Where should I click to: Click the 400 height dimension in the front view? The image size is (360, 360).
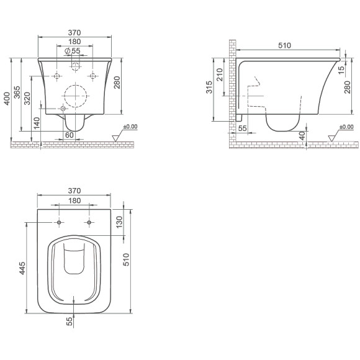[x=7, y=99]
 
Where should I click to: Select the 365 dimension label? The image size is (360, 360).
[x=17, y=92]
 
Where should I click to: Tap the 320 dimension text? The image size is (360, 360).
[x=27, y=99]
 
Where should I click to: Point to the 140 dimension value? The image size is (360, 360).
[x=37, y=124]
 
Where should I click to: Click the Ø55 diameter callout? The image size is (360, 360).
[x=73, y=51]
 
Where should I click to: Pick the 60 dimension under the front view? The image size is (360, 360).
[x=70, y=135]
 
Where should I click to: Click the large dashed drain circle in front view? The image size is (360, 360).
[x=75, y=96]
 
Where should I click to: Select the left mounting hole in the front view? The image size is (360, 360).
[x=56, y=76]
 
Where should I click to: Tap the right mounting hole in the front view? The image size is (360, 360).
[x=92, y=76]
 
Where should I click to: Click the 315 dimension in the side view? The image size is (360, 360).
[x=209, y=87]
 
